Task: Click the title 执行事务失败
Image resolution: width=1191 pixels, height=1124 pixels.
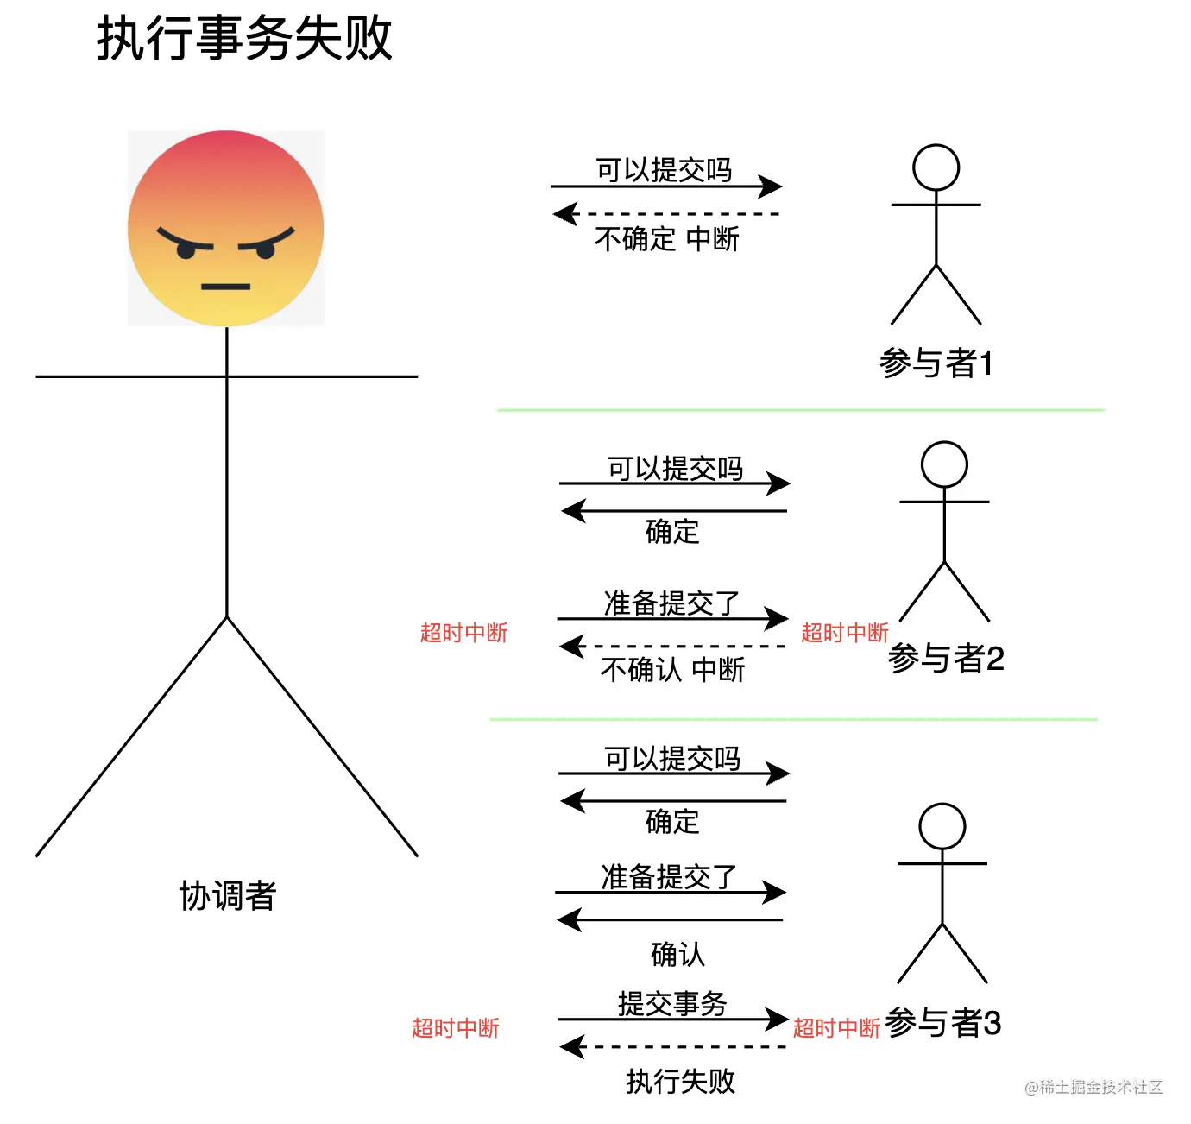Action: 244,39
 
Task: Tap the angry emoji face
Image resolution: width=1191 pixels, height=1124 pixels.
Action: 226,228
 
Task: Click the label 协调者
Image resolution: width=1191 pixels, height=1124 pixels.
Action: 227,896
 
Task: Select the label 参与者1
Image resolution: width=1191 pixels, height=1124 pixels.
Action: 936,363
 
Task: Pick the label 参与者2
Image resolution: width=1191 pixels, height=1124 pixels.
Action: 946,659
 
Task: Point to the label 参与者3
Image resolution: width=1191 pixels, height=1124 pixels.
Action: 943,1023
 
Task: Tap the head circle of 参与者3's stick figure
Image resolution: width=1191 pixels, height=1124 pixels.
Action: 942,826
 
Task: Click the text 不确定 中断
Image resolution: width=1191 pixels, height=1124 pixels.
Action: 666,238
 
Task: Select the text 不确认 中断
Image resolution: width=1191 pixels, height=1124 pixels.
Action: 671,669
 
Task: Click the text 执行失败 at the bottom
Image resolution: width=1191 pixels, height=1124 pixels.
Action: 680,1081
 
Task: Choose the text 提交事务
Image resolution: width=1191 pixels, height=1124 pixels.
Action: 672,1003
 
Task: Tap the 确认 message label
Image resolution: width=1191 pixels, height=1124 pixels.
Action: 677,954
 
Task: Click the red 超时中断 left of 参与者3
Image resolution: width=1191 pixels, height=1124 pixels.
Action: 835,1028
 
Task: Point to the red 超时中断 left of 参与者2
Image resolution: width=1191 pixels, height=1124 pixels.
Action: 844,633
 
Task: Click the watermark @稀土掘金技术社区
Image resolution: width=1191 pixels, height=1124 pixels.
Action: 1093,1087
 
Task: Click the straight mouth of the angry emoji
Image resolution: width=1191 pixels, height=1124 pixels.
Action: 226,286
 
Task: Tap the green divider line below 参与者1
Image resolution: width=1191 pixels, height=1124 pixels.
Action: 800,410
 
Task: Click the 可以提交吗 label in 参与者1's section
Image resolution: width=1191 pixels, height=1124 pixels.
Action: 664,170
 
